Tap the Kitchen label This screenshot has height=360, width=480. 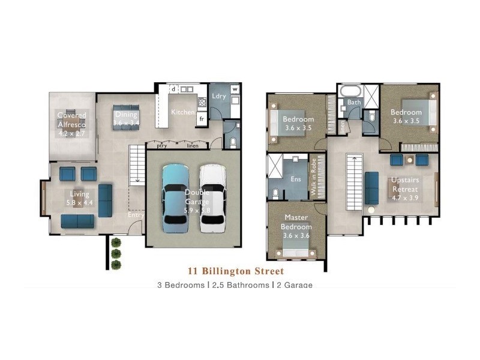click(x=183, y=112)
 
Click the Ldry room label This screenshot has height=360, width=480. click(x=218, y=96)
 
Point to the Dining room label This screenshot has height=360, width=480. click(x=126, y=115)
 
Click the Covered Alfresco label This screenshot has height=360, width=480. click(x=72, y=119)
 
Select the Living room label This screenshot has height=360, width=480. click(x=79, y=194)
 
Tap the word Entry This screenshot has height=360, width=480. click(x=136, y=215)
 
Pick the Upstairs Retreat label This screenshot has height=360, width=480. click(x=405, y=184)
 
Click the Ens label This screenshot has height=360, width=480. click(x=295, y=178)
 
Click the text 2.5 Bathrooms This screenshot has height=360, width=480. click(x=241, y=285)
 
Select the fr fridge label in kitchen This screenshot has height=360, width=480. click(x=202, y=118)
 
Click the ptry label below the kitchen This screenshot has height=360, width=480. click(x=161, y=145)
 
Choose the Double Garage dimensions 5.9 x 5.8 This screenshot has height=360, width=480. click(x=197, y=211)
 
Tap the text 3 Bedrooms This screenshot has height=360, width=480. click(x=181, y=285)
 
